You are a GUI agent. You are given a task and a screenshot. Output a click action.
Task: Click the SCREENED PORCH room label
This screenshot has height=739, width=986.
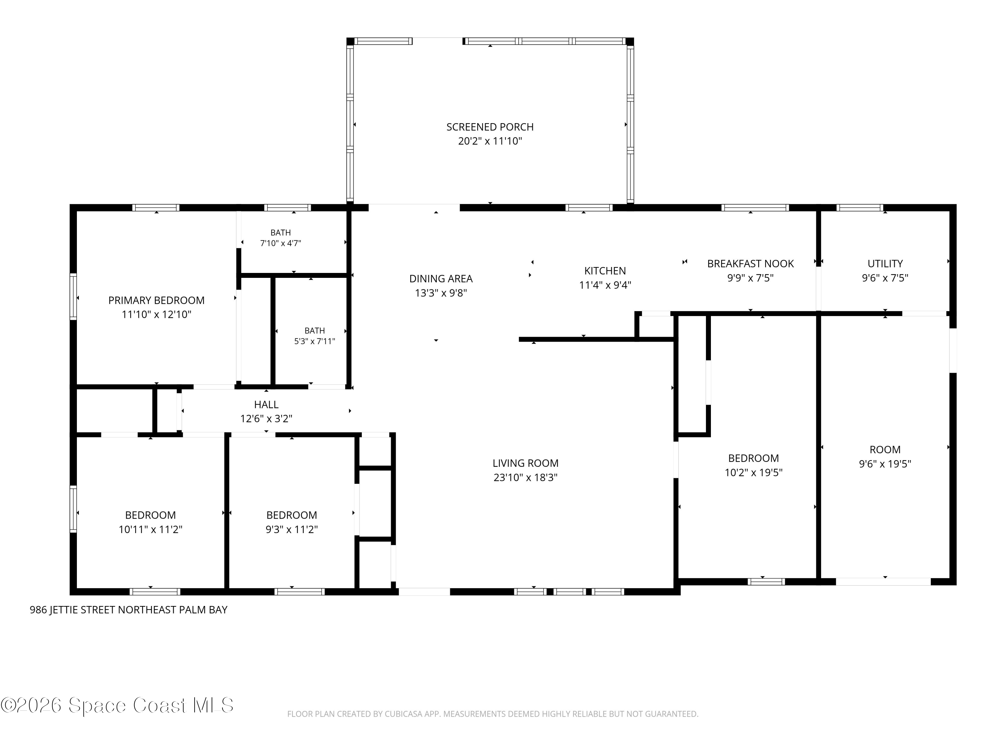(490, 127)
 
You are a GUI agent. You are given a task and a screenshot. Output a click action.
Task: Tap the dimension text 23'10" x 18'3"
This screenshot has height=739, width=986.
(526, 478)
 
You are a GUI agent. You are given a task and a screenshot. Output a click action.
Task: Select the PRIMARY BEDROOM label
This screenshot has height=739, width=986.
(156, 300)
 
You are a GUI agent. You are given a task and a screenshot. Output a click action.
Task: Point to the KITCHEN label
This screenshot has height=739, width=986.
(605, 271)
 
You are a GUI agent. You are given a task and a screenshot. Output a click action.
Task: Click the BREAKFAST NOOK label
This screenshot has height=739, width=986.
(751, 264)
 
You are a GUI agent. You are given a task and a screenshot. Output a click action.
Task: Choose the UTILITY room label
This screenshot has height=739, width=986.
(885, 264)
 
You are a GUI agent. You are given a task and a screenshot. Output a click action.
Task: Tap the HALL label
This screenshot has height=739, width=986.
(267, 404)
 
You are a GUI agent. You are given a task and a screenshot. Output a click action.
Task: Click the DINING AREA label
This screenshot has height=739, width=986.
(441, 279)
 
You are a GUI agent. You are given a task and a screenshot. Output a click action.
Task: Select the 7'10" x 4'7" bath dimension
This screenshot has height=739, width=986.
(281, 243)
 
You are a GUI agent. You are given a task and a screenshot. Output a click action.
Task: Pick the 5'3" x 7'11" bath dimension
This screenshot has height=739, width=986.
(315, 341)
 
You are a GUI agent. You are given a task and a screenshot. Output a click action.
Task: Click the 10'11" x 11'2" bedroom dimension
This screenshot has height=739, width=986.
(151, 529)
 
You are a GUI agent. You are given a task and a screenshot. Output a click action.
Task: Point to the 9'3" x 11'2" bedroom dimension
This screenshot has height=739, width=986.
(292, 529)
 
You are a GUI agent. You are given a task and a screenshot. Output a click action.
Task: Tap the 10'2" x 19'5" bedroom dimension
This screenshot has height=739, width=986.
(754, 472)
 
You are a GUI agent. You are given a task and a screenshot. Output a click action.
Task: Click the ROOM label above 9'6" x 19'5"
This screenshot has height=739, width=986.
(885, 450)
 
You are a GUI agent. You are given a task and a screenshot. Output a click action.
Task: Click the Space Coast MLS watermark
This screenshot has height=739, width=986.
(117, 705)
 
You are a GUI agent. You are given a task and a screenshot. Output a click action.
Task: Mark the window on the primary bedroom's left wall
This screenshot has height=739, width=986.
(73, 297)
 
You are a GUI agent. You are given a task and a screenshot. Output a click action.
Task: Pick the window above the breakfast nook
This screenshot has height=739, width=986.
(755, 208)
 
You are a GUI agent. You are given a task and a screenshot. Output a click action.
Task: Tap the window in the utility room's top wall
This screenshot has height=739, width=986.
(860, 208)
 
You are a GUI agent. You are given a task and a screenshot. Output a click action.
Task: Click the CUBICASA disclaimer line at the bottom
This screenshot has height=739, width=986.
(493, 714)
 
